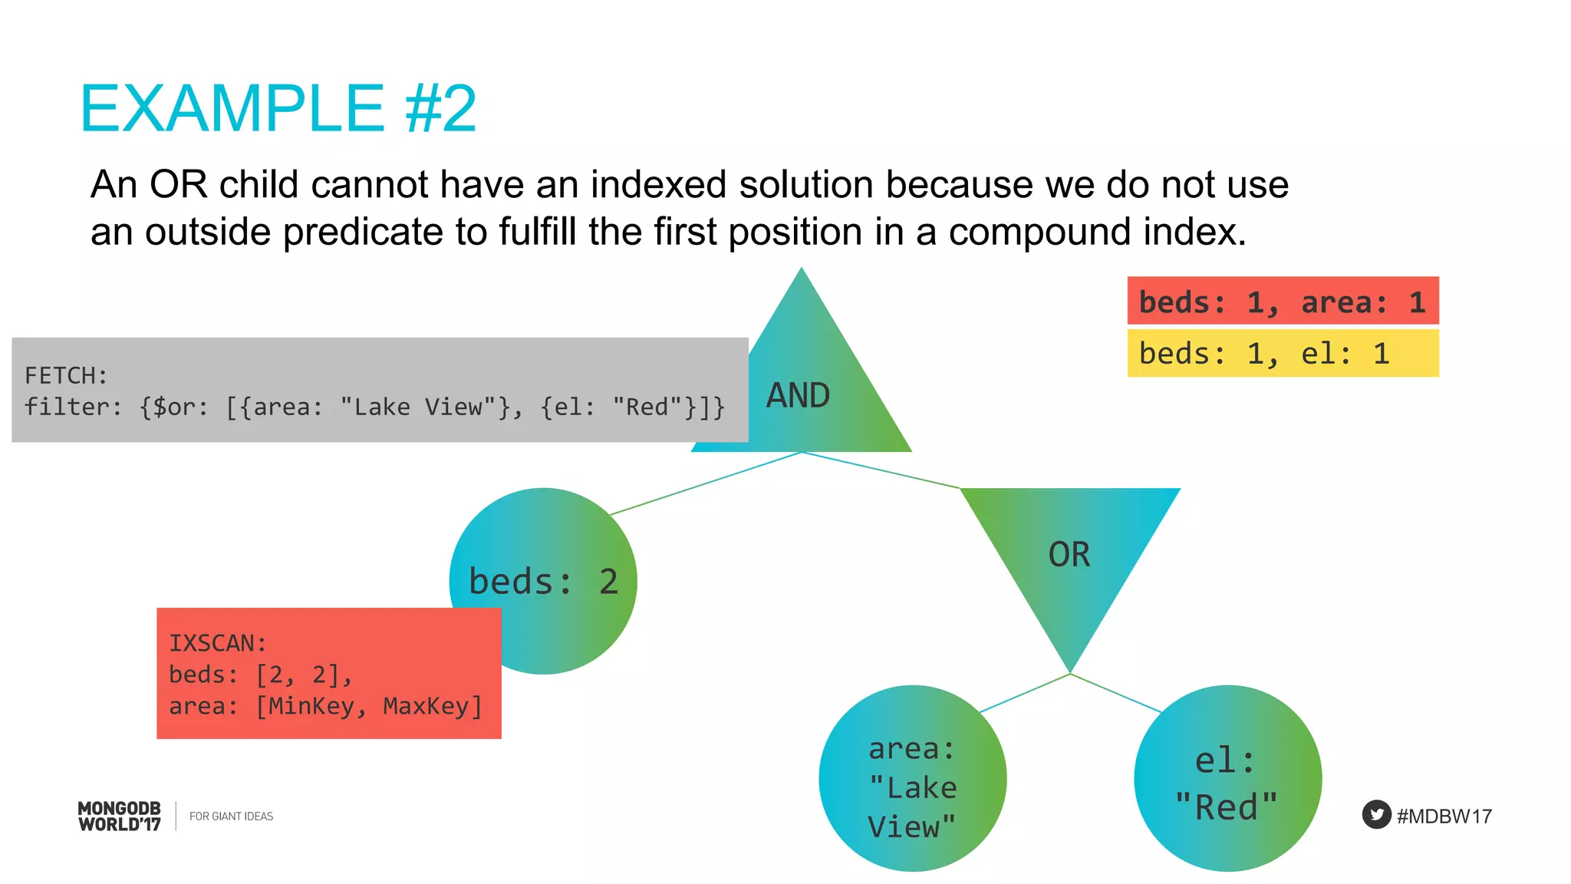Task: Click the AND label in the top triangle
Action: [x=798, y=396]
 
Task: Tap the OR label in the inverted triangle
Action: [x=1069, y=555]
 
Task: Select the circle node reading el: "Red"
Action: [x=1227, y=780]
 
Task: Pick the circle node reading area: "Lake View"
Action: [x=912, y=780]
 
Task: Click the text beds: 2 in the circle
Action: [x=543, y=582]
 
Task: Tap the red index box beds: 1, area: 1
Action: [x=1282, y=302]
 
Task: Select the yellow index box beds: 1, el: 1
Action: [x=1282, y=354]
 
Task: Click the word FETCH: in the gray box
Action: [x=66, y=376]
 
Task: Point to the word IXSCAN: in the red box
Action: [x=217, y=643]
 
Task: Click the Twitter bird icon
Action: [x=1376, y=815]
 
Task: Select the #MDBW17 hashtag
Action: [x=1444, y=816]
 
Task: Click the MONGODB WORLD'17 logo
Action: [x=120, y=816]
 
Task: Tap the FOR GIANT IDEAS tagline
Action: [x=231, y=816]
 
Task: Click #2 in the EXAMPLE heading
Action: [x=440, y=109]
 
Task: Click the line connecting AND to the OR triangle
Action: [x=882, y=470]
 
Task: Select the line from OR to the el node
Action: [x=1116, y=694]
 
